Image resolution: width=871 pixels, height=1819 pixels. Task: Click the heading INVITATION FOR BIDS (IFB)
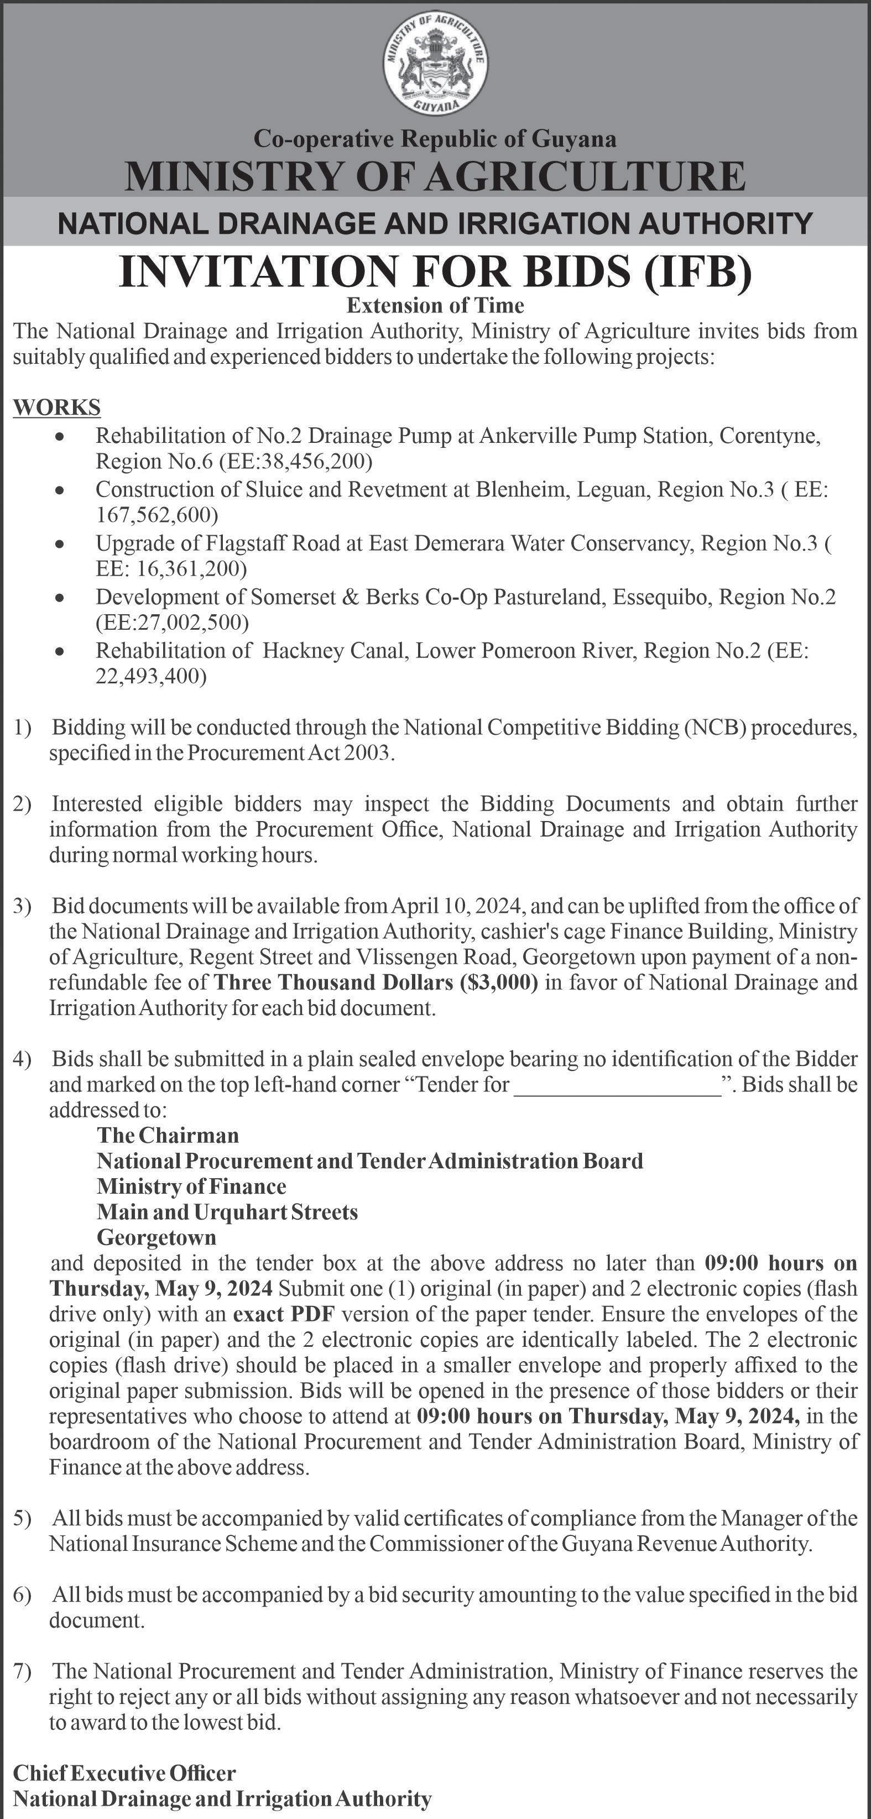click(x=435, y=272)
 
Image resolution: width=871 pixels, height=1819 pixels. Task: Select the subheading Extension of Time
click(x=435, y=306)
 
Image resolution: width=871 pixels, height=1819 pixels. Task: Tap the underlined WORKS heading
click(x=56, y=407)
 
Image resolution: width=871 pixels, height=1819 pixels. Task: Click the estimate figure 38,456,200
click(x=314, y=462)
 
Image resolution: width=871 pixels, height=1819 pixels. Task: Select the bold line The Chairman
click(x=168, y=1136)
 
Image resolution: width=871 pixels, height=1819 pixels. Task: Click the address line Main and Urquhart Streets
click(x=227, y=1212)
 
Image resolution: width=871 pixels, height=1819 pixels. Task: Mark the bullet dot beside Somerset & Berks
click(x=62, y=598)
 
